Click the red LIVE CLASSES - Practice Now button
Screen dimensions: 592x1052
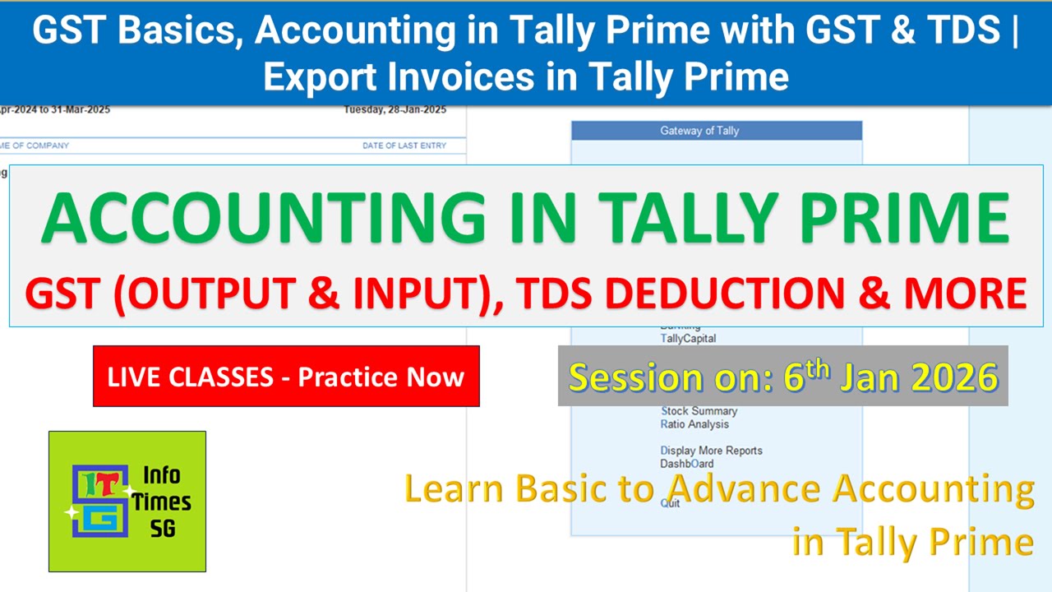(286, 377)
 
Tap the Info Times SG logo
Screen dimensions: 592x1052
(127, 501)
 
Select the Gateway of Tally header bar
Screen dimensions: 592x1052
(716, 131)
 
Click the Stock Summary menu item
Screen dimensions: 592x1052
(699, 411)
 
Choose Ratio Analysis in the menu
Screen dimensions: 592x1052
(694, 424)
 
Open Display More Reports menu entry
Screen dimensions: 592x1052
(711, 451)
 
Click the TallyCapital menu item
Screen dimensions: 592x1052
(688, 338)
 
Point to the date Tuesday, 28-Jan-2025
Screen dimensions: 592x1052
(394, 109)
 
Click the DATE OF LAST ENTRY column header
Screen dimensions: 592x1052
(404, 146)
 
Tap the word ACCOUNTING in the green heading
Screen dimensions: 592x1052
(264, 219)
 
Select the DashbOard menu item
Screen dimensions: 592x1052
(686, 464)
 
